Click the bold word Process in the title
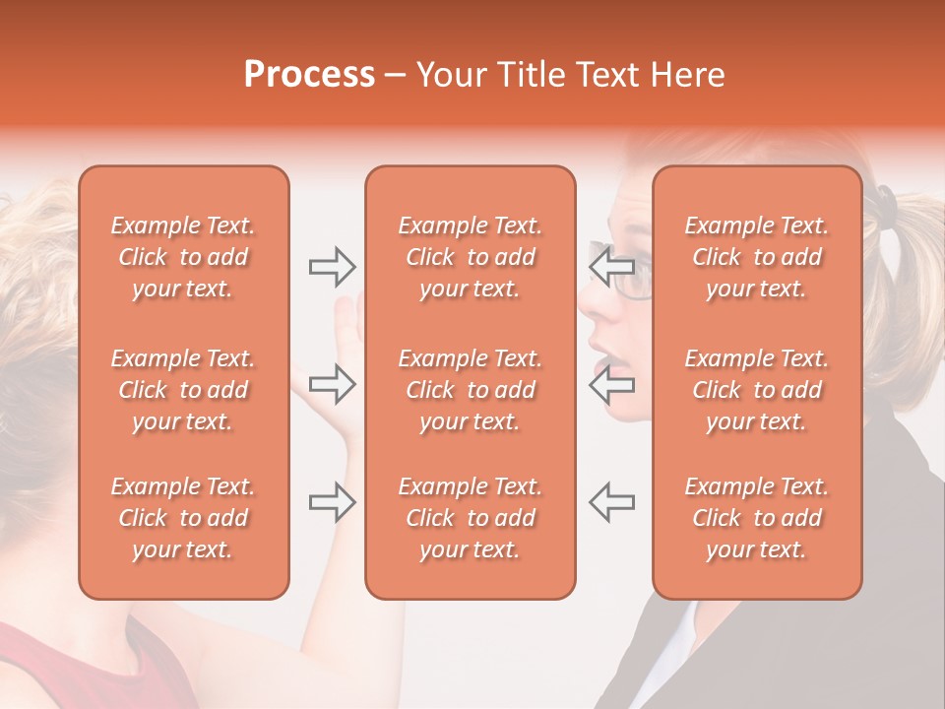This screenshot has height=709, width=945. [309, 74]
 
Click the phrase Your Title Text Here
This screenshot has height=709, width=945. [571, 74]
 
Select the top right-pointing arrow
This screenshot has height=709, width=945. [332, 266]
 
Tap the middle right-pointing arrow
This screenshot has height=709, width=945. [332, 383]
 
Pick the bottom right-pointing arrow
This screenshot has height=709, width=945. [332, 501]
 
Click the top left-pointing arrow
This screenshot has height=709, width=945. [611, 266]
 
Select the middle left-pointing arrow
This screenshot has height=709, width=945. [611, 383]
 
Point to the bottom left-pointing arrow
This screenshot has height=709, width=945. [611, 501]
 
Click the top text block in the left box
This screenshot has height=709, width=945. [183, 257]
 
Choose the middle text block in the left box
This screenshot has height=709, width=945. [183, 390]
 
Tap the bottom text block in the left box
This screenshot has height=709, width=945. [183, 518]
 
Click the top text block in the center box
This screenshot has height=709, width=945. [470, 257]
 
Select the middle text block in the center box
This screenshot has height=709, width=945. [470, 390]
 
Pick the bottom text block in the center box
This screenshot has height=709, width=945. [470, 518]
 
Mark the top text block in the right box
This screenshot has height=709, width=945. [757, 257]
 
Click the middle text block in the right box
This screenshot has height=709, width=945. [757, 390]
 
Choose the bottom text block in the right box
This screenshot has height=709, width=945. [757, 518]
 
